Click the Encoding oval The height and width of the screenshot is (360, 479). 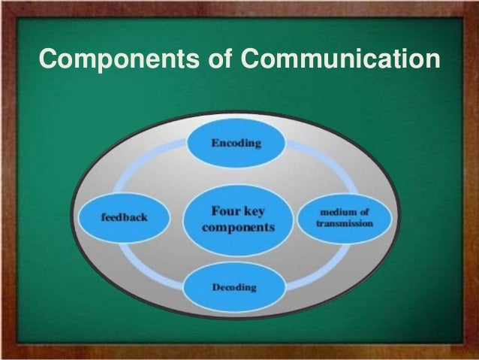tap(236, 145)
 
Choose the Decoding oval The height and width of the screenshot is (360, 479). tap(234, 287)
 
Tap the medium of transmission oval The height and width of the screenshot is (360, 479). tap(345, 216)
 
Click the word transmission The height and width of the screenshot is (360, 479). tap(345, 224)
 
